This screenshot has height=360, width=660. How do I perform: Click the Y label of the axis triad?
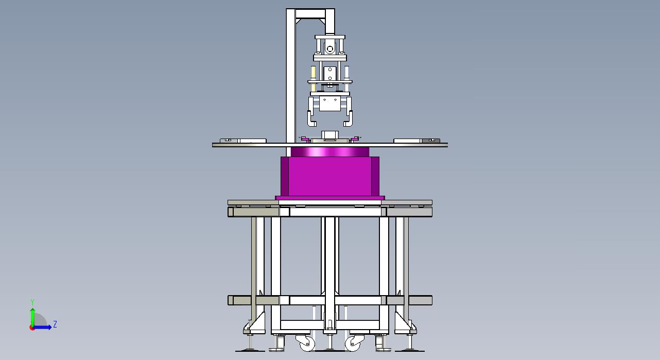pyautogui.click(x=32, y=302)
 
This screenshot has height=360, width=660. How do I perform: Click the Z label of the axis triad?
pyautogui.click(x=55, y=324)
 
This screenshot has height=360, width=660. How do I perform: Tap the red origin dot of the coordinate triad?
pyautogui.click(x=32, y=328)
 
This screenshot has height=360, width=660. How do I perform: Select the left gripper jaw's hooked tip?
pyautogui.click(x=312, y=123)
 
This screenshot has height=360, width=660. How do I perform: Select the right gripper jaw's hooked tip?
pyautogui.click(x=348, y=123)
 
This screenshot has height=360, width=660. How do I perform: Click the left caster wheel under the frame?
pyautogui.click(x=307, y=344)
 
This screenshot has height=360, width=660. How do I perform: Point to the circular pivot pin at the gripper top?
pyautogui.click(x=330, y=48)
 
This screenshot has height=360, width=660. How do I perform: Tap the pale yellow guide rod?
pyautogui.click(x=313, y=78)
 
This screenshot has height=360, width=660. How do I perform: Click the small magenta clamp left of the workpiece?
pyautogui.click(x=304, y=138)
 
